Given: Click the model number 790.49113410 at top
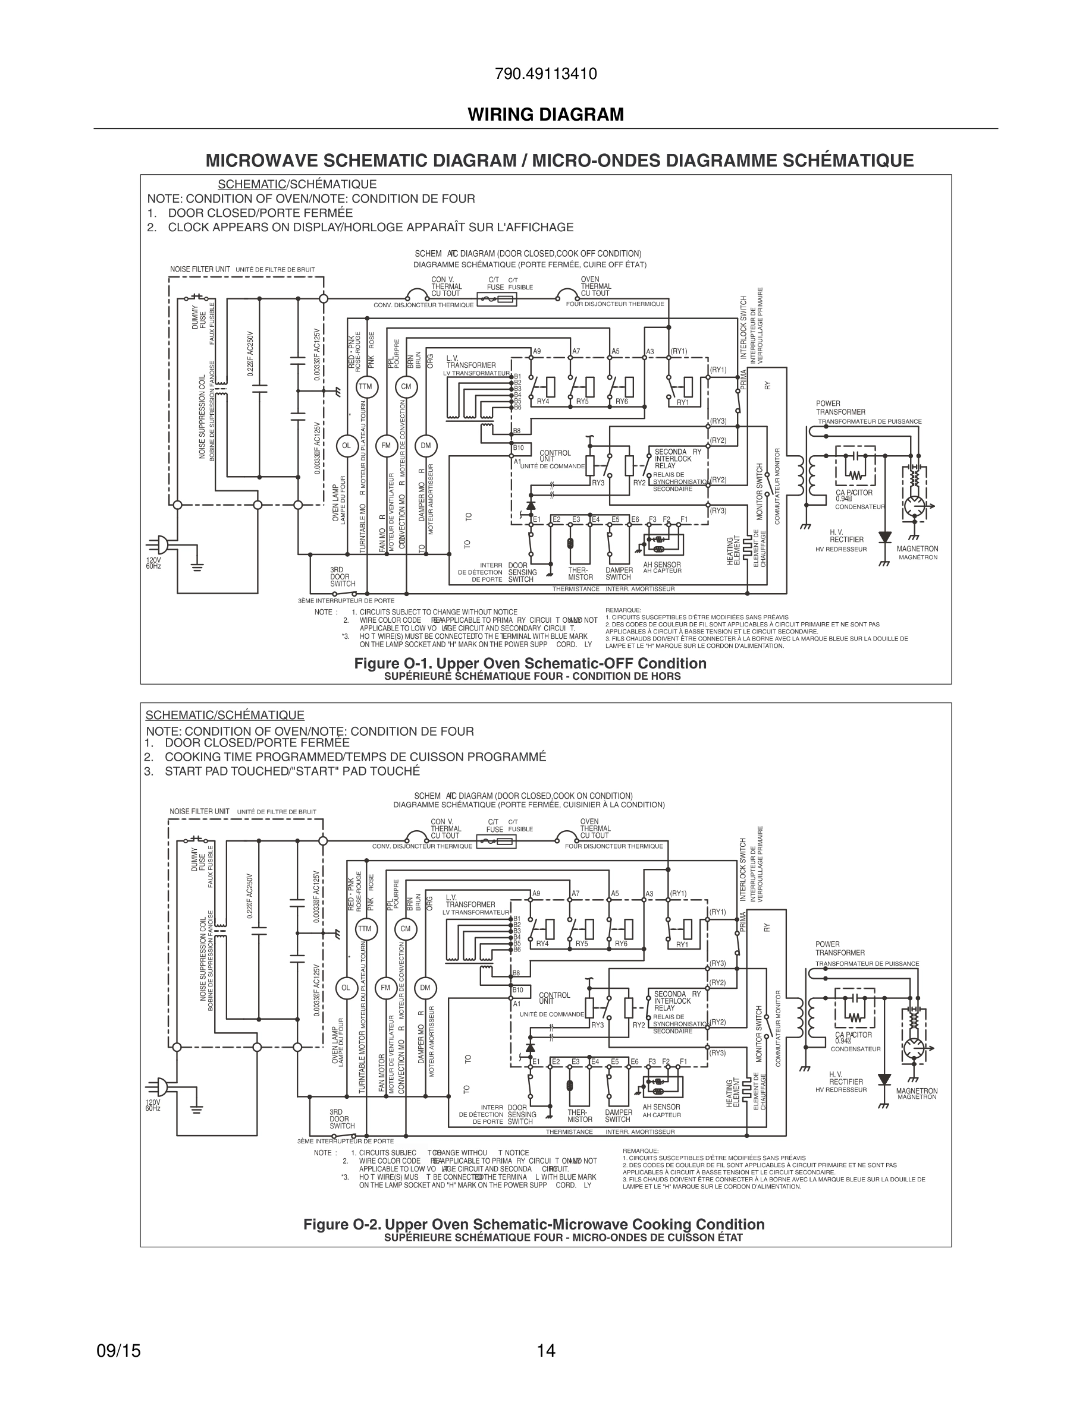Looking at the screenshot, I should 545,74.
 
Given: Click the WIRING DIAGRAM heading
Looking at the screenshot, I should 545,115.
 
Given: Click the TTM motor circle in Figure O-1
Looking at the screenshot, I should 366,387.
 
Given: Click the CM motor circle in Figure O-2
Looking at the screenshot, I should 406,929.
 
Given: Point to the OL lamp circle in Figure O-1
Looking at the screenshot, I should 346,446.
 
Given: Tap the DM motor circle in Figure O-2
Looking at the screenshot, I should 425,987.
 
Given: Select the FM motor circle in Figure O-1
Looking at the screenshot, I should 386,446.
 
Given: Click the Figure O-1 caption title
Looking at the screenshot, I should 530,663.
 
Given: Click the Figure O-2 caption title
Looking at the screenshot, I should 534,1225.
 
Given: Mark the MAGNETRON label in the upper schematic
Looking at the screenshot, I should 917,549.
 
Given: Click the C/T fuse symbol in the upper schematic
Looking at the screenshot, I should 497,299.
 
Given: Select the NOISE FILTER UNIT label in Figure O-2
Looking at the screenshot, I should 199,811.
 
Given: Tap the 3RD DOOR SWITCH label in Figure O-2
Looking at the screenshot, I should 341,1118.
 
